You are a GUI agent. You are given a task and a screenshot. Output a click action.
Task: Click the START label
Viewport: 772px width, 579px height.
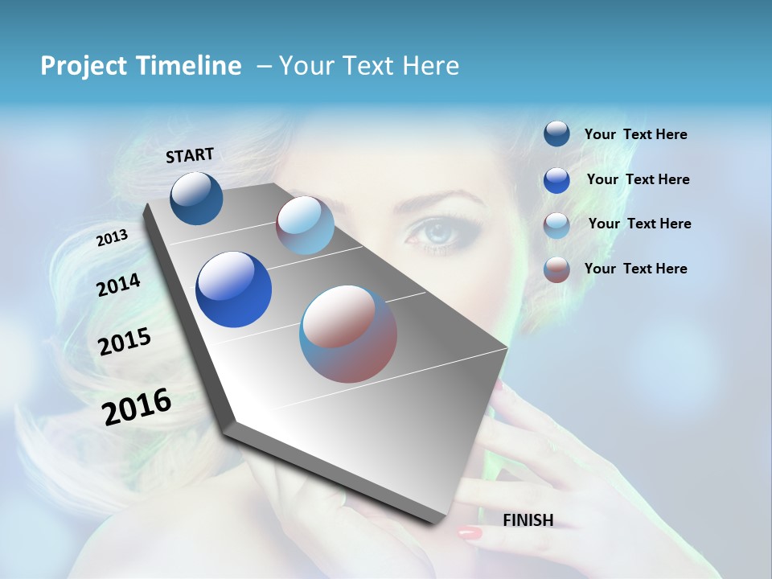[x=190, y=155]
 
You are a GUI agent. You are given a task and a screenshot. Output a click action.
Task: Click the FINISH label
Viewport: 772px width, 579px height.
[x=528, y=520]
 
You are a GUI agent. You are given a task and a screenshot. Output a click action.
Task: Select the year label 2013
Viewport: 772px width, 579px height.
[x=113, y=237]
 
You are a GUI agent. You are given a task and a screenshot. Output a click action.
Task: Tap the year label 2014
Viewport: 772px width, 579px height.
[x=119, y=285]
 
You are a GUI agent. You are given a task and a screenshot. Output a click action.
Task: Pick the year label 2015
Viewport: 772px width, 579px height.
[x=125, y=342]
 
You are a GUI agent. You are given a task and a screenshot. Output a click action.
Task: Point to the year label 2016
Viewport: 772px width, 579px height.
[x=137, y=406]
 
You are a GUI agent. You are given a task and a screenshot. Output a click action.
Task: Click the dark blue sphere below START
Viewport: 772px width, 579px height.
[x=196, y=198]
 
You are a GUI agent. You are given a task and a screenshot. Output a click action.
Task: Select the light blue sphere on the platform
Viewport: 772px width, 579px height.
[x=305, y=225]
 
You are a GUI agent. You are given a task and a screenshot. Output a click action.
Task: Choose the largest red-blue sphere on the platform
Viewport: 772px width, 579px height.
[x=348, y=333]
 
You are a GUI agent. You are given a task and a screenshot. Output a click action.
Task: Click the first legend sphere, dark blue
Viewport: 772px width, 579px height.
[x=556, y=134]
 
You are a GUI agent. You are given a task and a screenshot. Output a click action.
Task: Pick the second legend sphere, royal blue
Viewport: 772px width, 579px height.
[x=556, y=180]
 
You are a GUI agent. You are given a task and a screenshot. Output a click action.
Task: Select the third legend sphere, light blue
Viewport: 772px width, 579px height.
[x=556, y=225]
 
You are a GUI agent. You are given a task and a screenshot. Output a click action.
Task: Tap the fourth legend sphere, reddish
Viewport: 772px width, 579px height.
[x=556, y=269]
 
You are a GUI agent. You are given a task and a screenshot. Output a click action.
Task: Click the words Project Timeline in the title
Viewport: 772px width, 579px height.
[x=141, y=66]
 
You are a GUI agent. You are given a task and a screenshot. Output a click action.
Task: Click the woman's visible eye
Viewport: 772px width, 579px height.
[x=435, y=233]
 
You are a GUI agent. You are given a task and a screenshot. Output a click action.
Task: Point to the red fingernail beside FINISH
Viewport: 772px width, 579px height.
[x=469, y=532]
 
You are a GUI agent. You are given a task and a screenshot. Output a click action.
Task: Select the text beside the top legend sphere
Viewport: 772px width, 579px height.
[x=635, y=135]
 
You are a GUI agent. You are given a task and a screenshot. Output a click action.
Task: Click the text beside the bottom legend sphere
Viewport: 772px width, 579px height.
[x=635, y=269]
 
